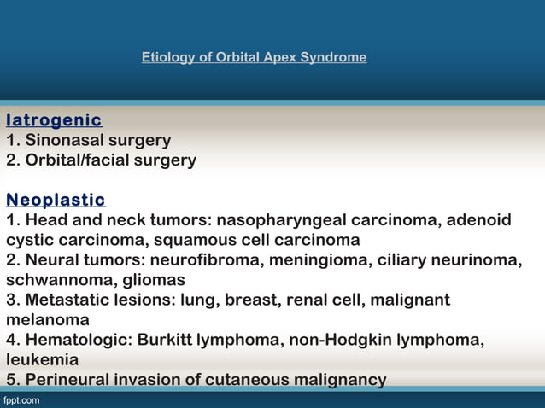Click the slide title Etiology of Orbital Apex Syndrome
[x=254, y=58]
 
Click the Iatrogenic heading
[x=54, y=120]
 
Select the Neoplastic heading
[x=56, y=201]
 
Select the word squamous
[x=171, y=240]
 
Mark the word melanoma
[x=48, y=319]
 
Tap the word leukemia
[x=43, y=359]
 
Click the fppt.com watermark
[x=21, y=399]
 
